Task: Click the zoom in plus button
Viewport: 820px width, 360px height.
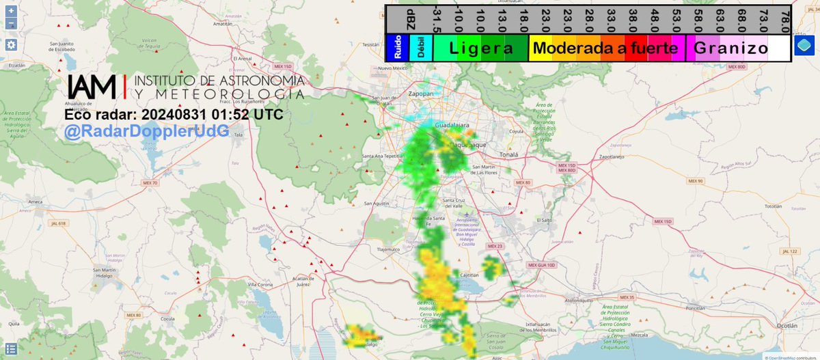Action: tap(12, 11)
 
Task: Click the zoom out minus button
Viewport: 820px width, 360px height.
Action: tap(12, 24)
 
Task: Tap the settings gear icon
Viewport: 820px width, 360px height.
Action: tap(12, 44)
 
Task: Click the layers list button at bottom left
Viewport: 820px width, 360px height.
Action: tap(12, 348)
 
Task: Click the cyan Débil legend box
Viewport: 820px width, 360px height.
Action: tap(420, 49)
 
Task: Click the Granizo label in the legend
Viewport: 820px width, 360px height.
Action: tap(731, 49)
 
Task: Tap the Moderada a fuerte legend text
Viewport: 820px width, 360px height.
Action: tap(605, 49)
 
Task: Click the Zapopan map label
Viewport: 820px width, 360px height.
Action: tap(422, 94)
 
